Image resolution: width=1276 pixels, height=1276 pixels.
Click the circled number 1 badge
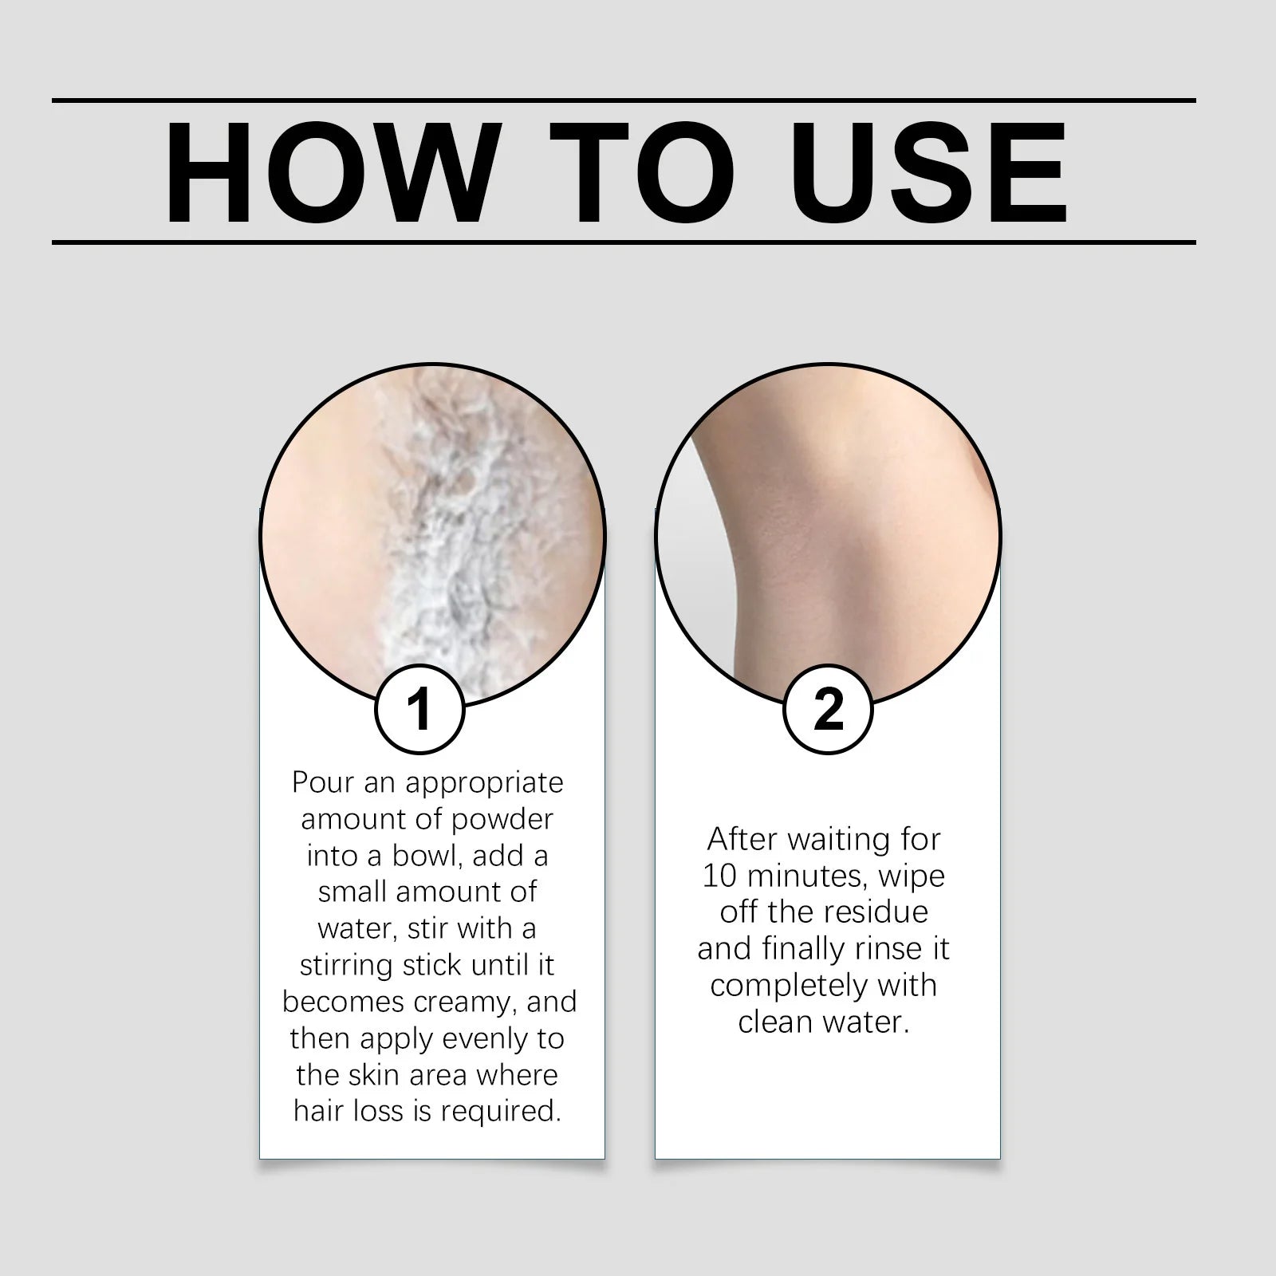[x=419, y=709]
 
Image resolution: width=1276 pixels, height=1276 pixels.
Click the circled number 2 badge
[x=829, y=709]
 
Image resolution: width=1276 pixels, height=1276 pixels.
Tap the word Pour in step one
[x=324, y=782]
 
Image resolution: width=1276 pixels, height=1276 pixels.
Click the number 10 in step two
[x=718, y=876]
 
